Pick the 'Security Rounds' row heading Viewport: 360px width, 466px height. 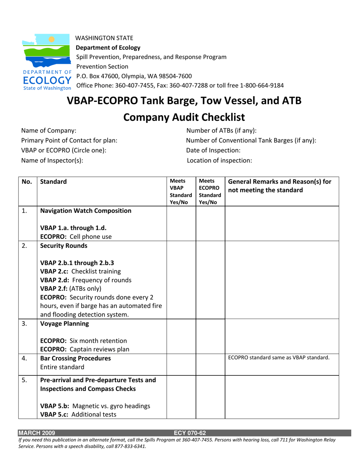click(64, 246)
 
